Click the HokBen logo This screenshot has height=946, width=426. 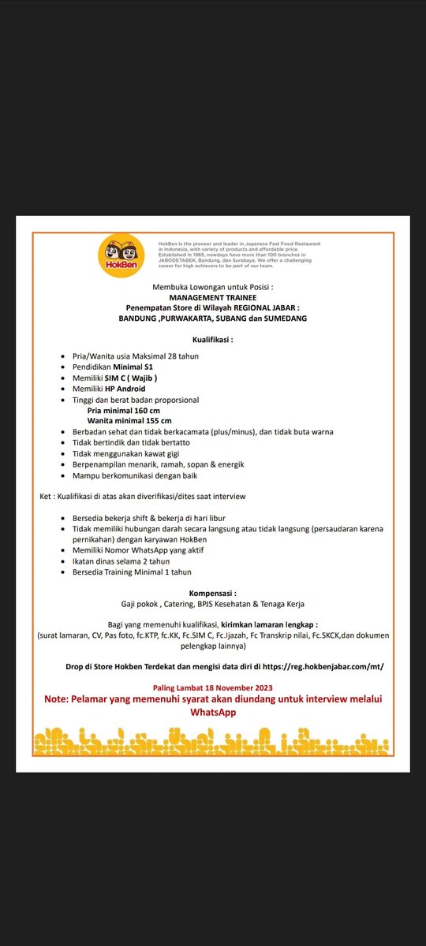click(121, 256)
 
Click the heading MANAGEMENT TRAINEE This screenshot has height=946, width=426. click(213, 298)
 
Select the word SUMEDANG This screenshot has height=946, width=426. click(282, 318)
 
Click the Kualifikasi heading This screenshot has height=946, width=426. click(213, 340)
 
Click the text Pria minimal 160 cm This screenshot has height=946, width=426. click(124, 411)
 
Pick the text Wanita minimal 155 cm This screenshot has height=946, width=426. click(129, 421)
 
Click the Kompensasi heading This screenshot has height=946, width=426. click(213, 593)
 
